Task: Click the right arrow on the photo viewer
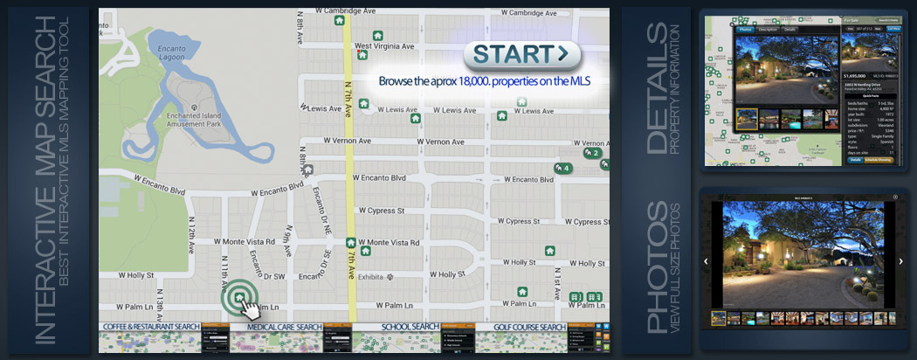tap(900, 260)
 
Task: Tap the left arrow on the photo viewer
tap(706, 260)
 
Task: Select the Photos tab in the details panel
tap(745, 29)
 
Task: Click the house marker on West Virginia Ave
tap(362, 54)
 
